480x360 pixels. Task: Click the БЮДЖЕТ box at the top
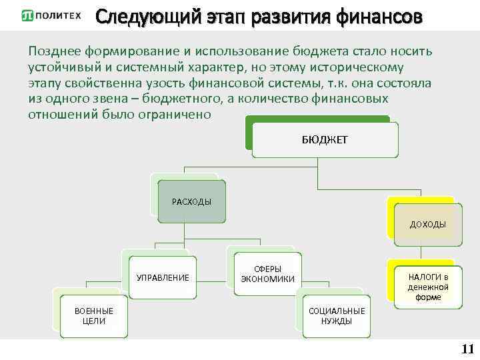tap(325, 140)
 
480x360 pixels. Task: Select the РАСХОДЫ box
tap(191, 201)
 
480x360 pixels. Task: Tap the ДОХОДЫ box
tap(427, 224)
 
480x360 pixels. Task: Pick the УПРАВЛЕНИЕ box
tap(162, 277)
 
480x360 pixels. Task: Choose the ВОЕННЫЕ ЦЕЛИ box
tap(93, 315)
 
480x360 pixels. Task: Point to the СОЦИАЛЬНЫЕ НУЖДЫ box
tap(337, 315)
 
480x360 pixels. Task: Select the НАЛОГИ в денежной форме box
tap(428, 287)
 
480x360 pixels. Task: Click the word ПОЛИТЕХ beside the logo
tap(59, 15)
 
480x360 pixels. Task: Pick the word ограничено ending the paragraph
tap(179, 114)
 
